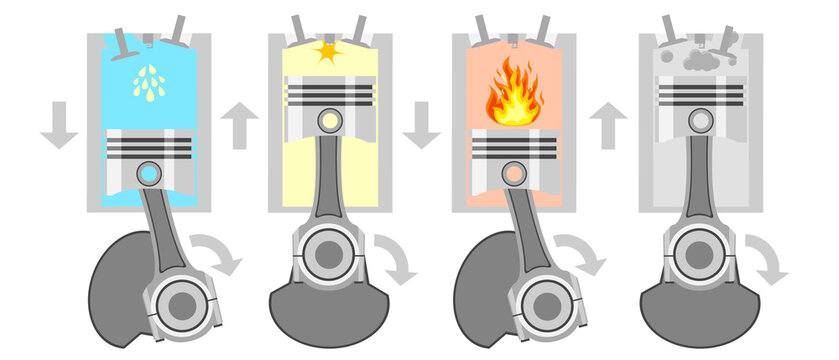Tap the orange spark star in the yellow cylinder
[x=328, y=49]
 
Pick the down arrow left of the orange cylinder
[x=422, y=126]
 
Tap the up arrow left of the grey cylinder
[x=607, y=126]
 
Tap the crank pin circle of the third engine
[x=546, y=300]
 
